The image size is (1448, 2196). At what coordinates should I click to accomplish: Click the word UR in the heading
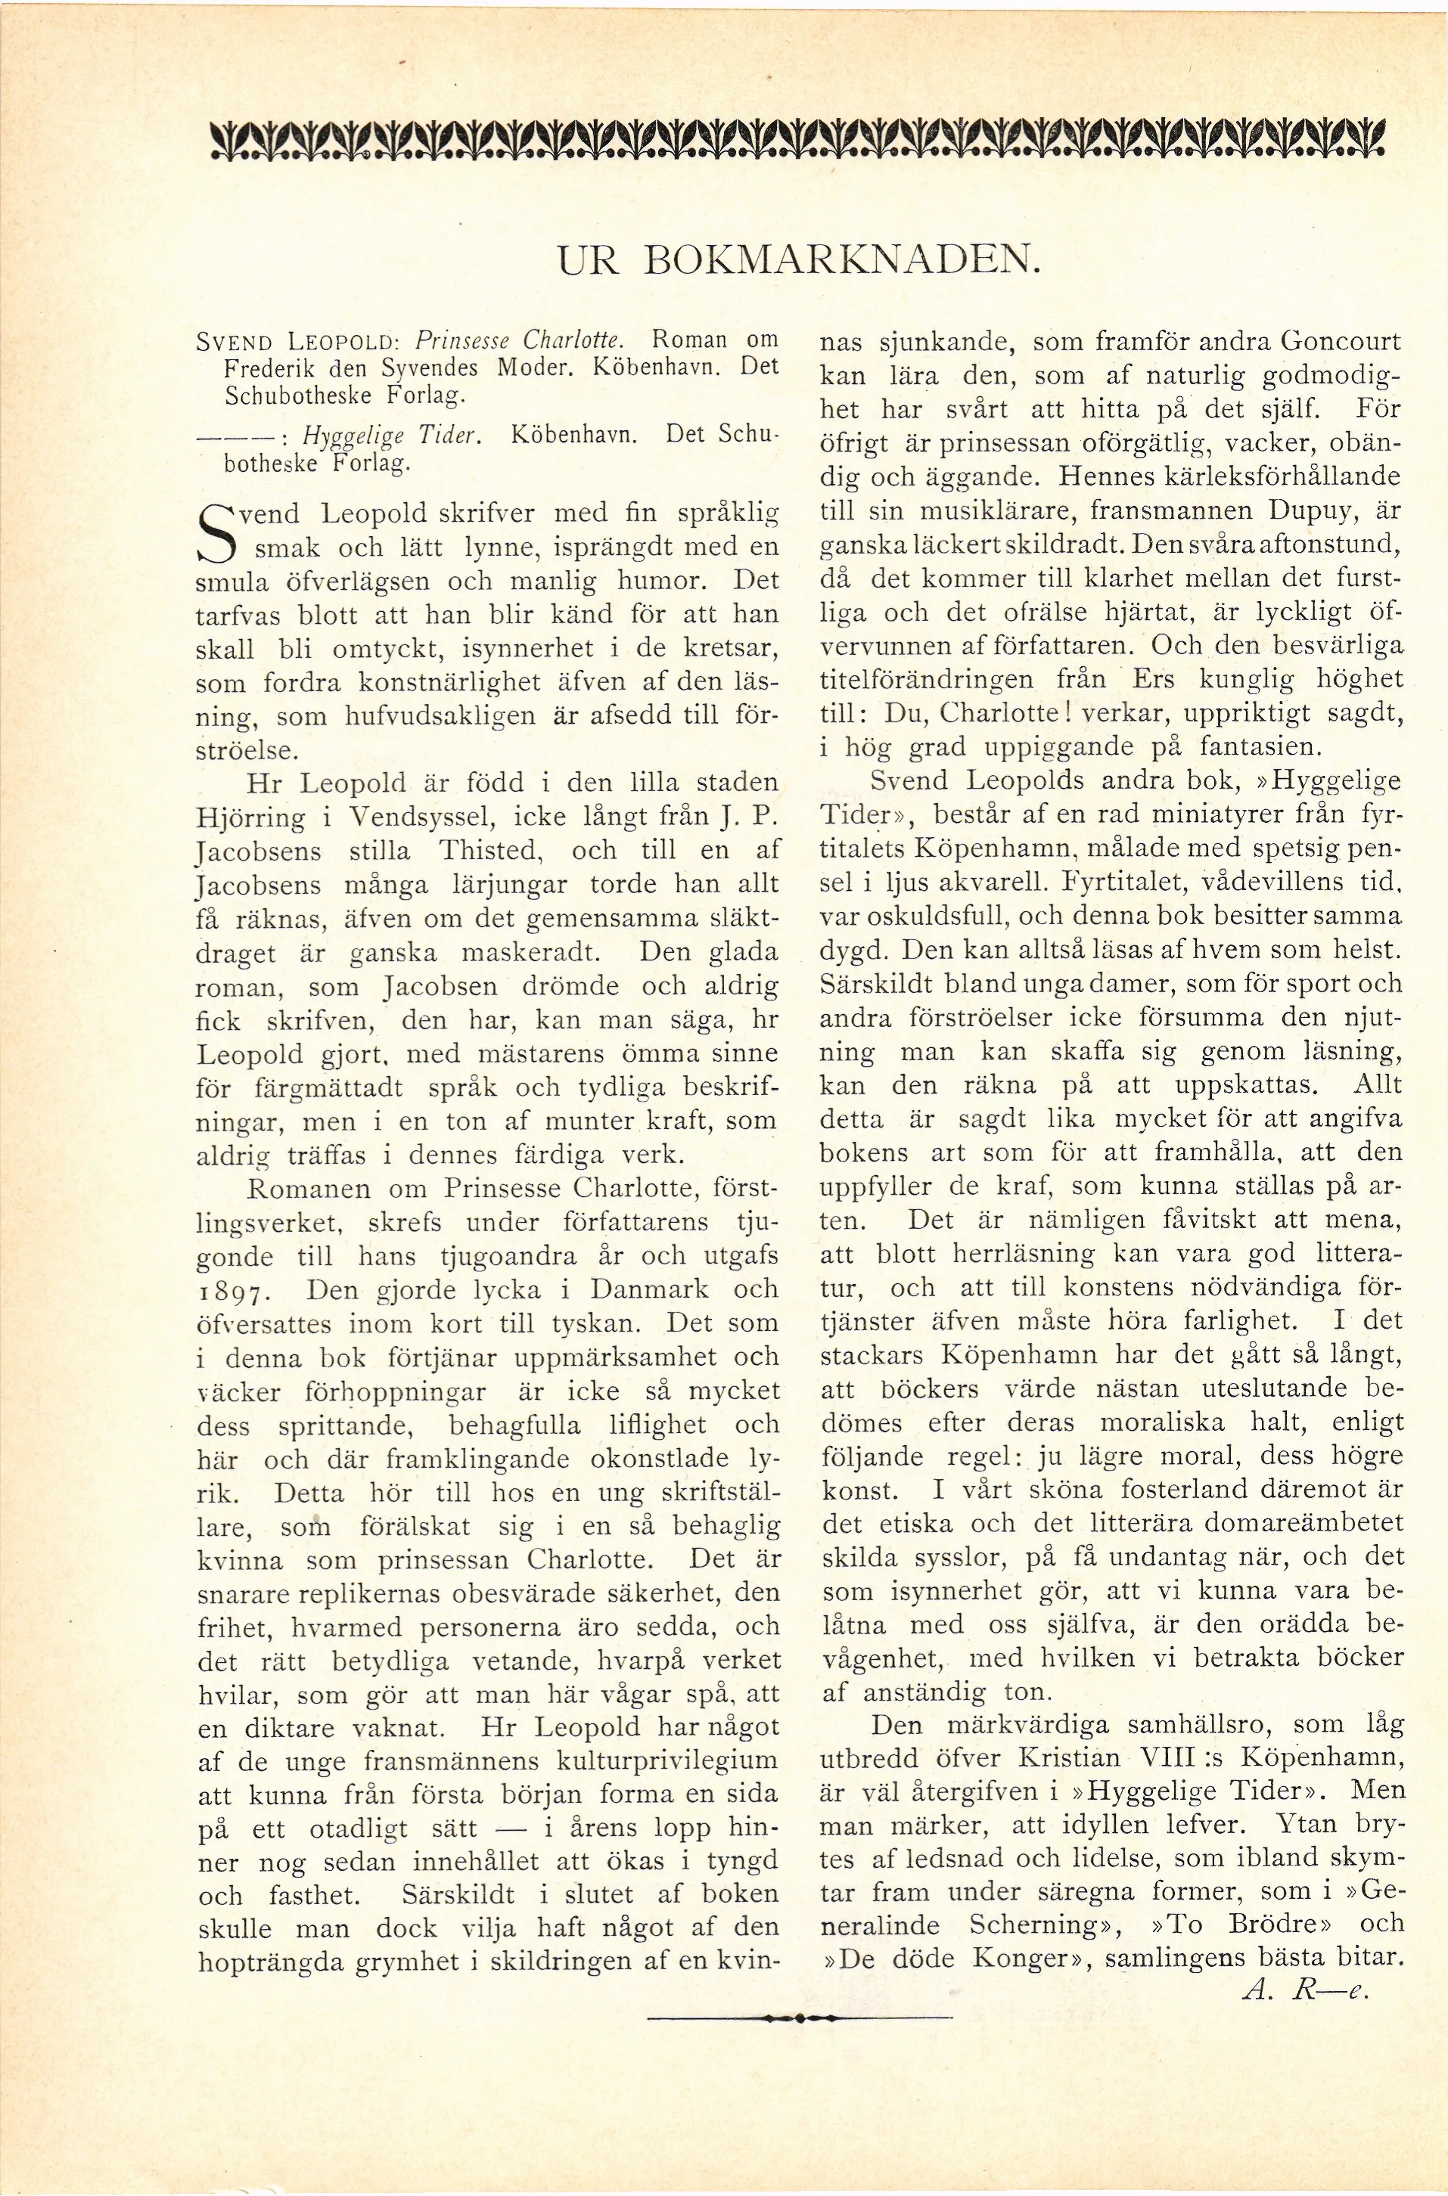589,262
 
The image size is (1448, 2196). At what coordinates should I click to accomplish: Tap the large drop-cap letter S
219,534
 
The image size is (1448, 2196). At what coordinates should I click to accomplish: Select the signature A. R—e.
1305,1987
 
